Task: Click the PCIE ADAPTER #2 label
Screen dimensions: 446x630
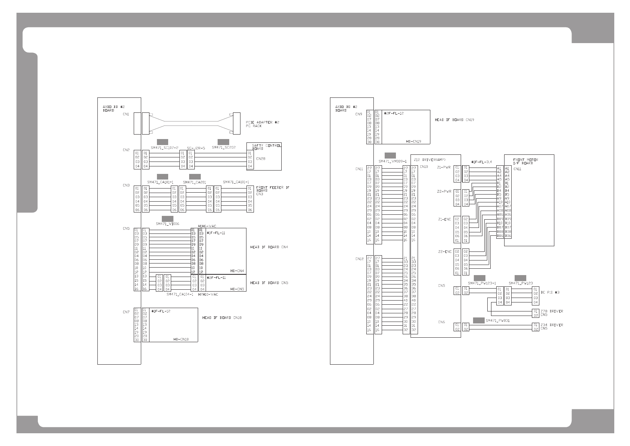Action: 262,122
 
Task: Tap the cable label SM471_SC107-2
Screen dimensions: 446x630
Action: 164,148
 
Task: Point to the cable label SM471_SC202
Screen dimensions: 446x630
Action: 224,148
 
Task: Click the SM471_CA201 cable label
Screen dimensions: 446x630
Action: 194,182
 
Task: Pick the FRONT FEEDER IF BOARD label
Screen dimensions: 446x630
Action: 273,189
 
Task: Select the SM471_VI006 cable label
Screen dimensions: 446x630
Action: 167,224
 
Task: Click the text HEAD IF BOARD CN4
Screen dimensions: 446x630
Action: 269,247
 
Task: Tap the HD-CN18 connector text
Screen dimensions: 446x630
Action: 181,339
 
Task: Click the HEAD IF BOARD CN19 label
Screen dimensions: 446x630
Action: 454,120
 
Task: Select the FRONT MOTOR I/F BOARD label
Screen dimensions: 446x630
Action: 525,161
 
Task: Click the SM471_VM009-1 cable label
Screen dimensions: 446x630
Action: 393,161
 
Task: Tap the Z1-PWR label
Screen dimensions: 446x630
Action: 444,167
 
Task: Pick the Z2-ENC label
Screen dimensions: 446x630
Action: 445,251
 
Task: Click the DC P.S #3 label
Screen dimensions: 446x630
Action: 550,292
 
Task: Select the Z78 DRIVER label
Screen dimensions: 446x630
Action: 551,311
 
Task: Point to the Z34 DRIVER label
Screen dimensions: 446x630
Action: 551,325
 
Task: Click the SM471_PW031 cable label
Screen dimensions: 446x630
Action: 497,320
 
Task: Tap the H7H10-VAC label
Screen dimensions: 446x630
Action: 208,294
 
